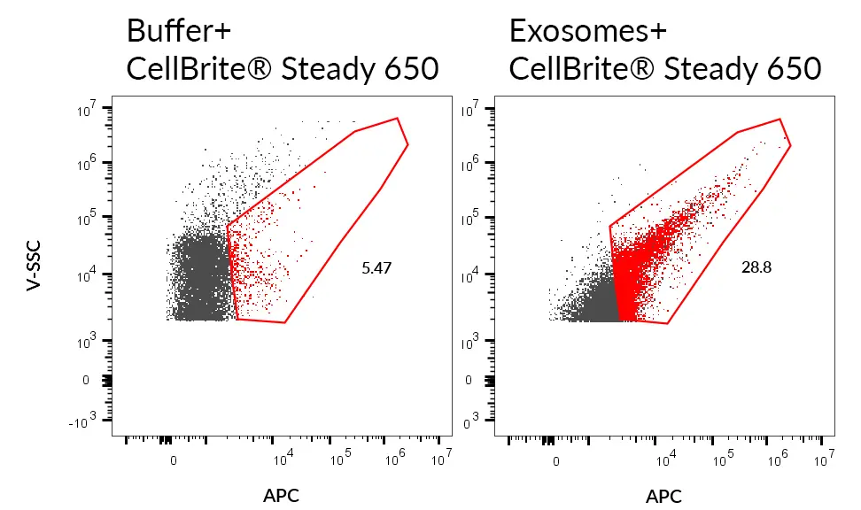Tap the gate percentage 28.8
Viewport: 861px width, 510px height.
point(756,267)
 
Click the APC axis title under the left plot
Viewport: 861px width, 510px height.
point(282,495)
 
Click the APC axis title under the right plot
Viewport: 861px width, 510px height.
point(663,495)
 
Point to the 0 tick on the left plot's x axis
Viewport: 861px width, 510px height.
point(174,460)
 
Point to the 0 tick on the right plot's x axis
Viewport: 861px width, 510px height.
point(555,460)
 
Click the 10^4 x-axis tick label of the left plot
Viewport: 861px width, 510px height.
point(283,459)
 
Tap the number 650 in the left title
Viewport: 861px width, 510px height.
point(411,68)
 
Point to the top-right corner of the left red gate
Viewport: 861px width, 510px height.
point(398,118)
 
